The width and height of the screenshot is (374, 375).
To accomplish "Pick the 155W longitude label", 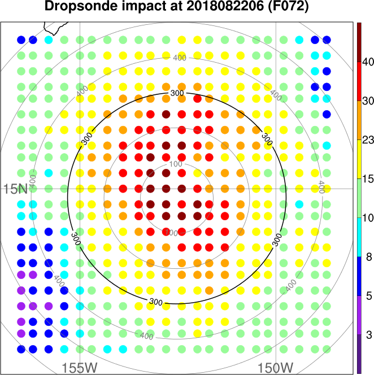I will tap(80, 368).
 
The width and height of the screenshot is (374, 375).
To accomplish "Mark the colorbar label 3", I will tap(366, 335).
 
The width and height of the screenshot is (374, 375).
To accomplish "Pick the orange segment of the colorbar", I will tap(359, 120).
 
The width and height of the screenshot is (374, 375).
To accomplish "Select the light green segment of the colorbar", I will tap(359, 198).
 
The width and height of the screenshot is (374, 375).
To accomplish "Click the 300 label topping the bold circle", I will tap(177, 92).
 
